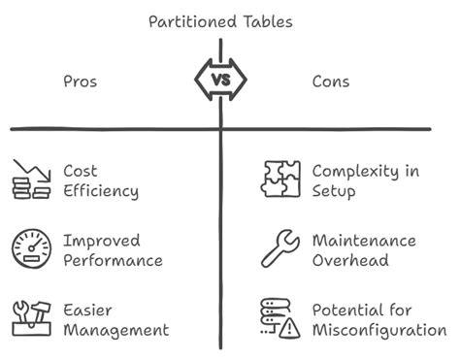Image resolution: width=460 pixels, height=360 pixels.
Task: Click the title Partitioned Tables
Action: (221, 21)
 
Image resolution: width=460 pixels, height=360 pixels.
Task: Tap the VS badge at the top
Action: (221, 79)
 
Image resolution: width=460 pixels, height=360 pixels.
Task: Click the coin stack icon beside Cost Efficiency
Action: (31, 180)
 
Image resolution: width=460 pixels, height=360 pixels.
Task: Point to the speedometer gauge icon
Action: (31, 249)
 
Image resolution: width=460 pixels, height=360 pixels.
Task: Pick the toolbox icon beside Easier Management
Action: (31, 319)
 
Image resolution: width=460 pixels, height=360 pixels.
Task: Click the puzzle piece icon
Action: (280, 180)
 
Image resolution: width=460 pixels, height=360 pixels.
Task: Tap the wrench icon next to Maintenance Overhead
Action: (280, 249)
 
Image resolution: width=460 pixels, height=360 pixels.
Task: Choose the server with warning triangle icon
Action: (280, 319)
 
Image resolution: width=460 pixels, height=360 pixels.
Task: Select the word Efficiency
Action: (100, 191)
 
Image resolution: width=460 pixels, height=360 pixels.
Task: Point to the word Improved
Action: (102, 240)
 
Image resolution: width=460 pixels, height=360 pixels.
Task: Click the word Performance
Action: (113, 260)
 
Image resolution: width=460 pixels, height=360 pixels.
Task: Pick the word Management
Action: (115, 330)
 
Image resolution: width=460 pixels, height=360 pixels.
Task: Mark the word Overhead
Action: (349, 260)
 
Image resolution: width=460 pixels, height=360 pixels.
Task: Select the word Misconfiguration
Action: (378, 330)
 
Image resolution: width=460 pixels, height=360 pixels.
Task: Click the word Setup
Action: (334, 191)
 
